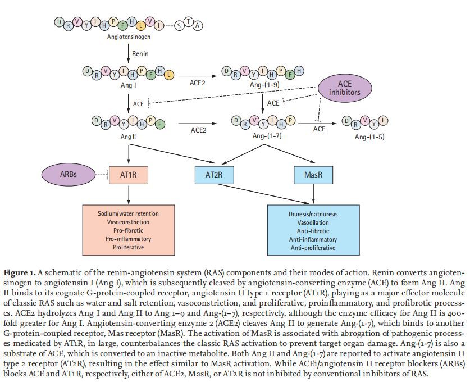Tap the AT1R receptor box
tap(129, 175)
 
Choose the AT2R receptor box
tap(215, 175)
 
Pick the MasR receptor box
tap(312, 175)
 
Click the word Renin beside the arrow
tap(140, 54)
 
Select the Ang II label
tap(129, 136)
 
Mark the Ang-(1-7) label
tap(267, 136)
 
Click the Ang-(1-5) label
tap(369, 137)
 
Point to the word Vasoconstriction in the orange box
tap(129, 222)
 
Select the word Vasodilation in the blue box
tap(312, 223)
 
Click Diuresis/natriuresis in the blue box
tap(312, 215)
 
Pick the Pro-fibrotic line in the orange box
tap(129, 231)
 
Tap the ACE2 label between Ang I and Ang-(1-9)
tap(197, 83)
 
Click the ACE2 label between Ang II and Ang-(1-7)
tap(198, 130)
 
